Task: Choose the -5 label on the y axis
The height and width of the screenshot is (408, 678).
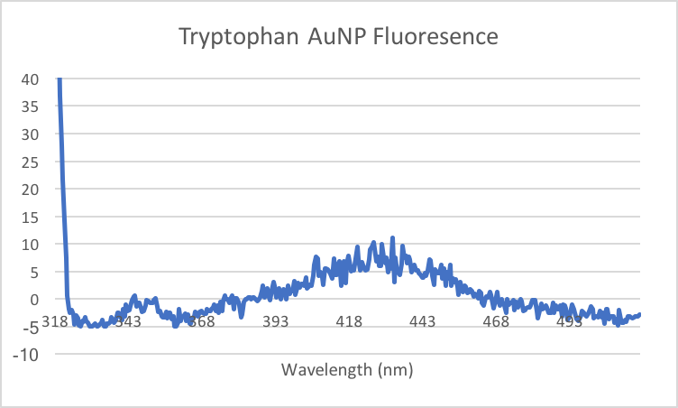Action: coord(26,327)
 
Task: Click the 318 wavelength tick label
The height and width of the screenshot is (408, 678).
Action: coord(54,322)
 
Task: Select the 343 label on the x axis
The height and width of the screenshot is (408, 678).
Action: coord(128,322)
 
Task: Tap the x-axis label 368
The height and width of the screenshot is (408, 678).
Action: coord(201,322)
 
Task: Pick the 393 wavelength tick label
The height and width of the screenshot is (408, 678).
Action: coord(275,322)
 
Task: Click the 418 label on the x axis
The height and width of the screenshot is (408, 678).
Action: coord(349,322)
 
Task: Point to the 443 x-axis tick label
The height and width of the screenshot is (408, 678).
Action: coord(422,322)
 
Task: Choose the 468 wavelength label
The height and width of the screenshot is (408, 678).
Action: coord(496,322)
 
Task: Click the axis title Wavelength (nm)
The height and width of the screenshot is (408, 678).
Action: coord(347,370)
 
